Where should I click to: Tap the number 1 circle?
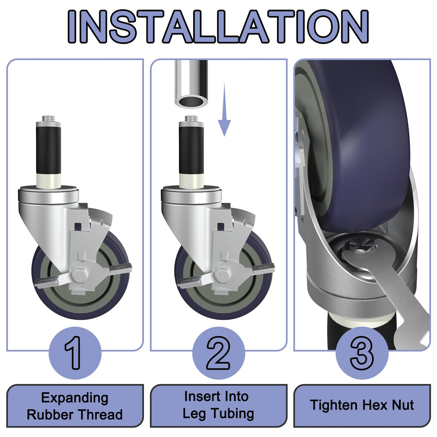75,353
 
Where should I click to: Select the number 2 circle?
218,353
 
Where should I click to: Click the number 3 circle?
362,353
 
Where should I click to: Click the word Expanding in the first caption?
75,398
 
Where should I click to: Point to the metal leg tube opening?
191,101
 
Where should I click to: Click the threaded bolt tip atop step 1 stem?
48,118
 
